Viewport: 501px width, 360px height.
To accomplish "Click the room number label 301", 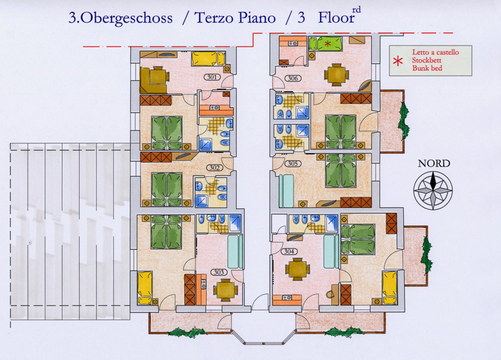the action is click(212, 77).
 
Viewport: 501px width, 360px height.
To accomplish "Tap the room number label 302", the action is click(214, 168).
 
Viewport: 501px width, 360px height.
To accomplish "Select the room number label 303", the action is click(219, 272).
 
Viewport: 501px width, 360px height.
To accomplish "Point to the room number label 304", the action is click(289, 252).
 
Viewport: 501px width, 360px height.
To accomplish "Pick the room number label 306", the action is click(292, 78).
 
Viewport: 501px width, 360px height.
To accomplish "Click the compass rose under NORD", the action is click(433, 190).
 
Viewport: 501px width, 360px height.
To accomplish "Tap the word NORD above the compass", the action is click(434, 163).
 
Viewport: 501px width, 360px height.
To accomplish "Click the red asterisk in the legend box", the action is click(398, 61).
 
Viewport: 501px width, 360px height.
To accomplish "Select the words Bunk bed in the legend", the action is click(427, 68).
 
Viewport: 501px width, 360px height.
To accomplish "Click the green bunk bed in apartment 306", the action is click(325, 44).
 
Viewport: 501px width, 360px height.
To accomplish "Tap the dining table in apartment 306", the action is click(336, 75).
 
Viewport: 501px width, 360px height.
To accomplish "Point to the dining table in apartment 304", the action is click(297, 269).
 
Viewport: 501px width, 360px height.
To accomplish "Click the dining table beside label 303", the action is click(225, 291).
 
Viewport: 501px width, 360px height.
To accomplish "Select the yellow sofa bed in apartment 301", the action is click(209, 59).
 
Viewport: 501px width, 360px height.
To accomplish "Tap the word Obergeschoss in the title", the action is click(125, 18).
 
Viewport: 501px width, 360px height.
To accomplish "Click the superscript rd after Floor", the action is click(356, 9).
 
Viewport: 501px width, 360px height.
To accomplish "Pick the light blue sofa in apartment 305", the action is click(286, 191).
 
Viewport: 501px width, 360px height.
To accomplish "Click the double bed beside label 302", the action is click(167, 189).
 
